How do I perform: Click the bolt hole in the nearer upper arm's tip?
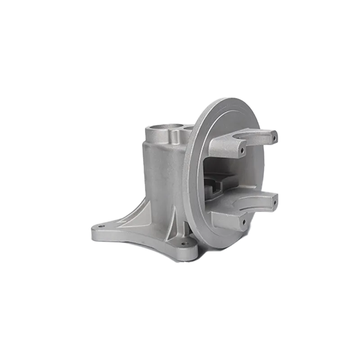tap(243, 148)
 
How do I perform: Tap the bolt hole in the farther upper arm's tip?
tap(273, 134)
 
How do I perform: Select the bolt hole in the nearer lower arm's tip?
tap(243, 221)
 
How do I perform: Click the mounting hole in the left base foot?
tap(100, 227)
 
